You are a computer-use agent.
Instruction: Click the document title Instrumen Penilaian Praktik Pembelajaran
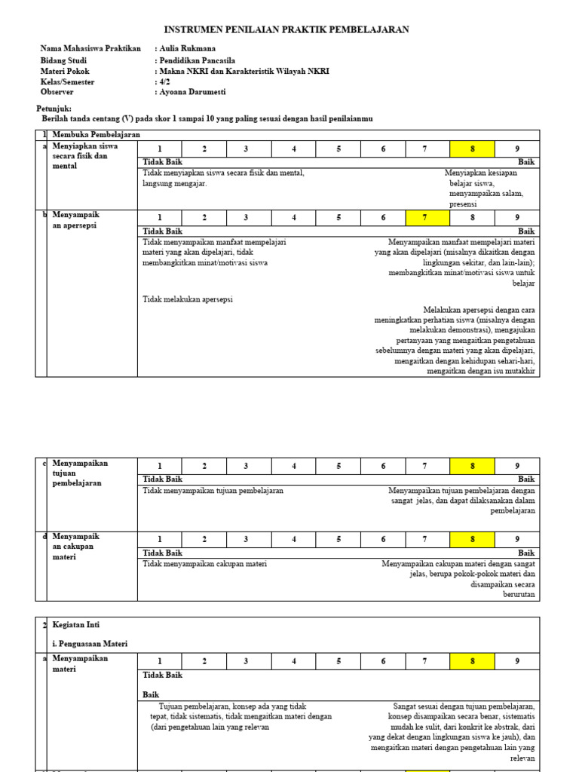click(286, 29)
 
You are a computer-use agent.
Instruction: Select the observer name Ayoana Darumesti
click(193, 92)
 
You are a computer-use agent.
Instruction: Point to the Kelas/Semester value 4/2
click(165, 81)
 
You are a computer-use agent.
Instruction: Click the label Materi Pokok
click(65, 71)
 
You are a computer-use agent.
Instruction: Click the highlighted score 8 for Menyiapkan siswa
click(472, 149)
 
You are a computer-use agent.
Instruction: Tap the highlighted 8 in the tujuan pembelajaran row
click(472, 466)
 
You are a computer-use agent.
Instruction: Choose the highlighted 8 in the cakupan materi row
click(472, 539)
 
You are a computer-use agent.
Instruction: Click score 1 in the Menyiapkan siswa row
click(159, 149)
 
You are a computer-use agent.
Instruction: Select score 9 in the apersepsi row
click(516, 218)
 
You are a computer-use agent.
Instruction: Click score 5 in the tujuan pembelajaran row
click(339, 466)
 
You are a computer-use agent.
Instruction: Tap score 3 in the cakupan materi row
click(246, 539)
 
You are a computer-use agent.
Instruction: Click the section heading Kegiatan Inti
click(76, 625)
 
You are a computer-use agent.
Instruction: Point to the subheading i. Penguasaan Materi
click(90, 644)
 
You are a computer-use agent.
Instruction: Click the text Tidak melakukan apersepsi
click(188, 299)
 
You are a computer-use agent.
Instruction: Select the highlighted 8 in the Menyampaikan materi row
click(472, 661)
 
